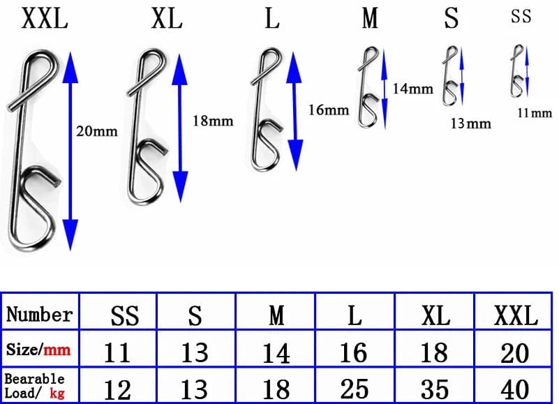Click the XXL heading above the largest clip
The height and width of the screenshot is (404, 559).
[45, 19]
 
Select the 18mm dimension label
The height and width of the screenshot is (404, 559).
[212, 121]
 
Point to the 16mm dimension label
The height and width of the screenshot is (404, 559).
[327, 110]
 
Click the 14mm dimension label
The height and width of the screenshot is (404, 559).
[412, 89]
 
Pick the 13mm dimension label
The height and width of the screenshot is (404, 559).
[470, 124]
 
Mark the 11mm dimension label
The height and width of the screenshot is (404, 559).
[535, 112]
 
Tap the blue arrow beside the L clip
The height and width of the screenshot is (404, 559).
[296, 105]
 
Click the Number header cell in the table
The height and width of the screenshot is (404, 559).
[40, 315]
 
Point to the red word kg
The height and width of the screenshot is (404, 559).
[57, 393]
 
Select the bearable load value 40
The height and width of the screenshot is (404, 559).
[515, 389]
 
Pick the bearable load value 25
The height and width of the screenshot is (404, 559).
[355, 389]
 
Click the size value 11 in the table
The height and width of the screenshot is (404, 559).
[117, 352]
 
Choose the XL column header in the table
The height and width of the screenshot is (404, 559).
[435, 316]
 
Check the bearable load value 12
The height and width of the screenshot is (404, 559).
[117, 389]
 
